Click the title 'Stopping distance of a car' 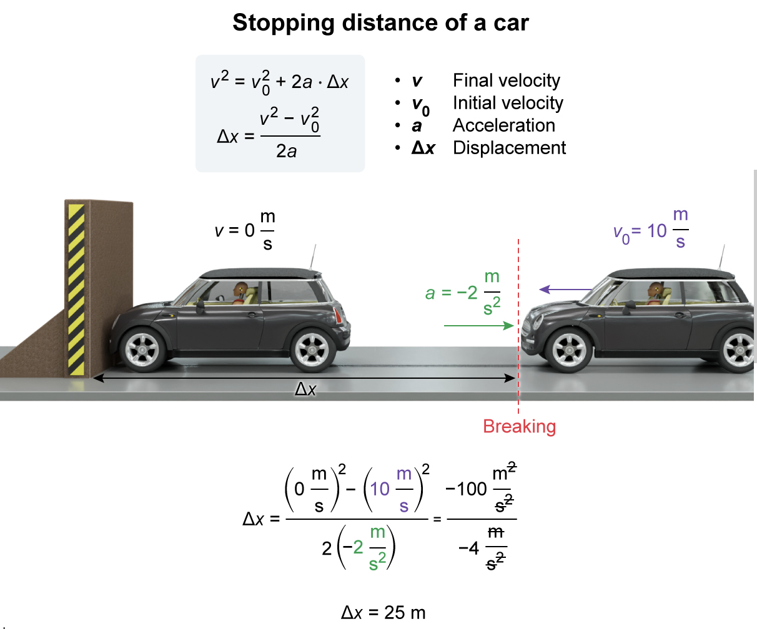click(x=380, y=23)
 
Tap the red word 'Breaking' click(x=519, y=427)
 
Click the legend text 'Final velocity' click(x=507, y=80)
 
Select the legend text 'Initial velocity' click(x=508, y=103)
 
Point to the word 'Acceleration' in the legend click(x=503, y=125)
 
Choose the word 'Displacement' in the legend click(x=509, y=148)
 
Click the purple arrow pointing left click(x=565, y=289)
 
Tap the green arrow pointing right click(x=478, y=325)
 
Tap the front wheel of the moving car click(x=569, y=350)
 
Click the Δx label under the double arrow click(x=305, y=389)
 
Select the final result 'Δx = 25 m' click(x=383, y=612)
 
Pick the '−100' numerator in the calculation click(x=466, y=489)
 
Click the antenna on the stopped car click(x=312, y=256)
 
